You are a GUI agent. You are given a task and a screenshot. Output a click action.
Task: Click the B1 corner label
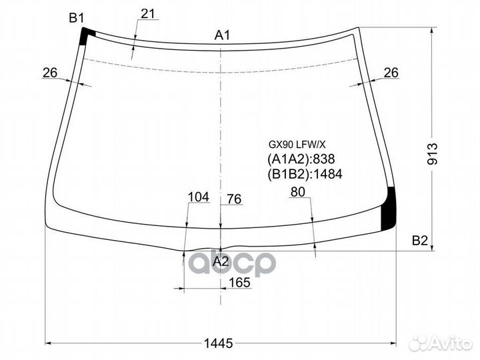[x=77, y=18]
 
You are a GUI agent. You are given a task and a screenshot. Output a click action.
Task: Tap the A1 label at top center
[x=222, y=35]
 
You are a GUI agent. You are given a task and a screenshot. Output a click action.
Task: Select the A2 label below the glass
[x=221, y=262]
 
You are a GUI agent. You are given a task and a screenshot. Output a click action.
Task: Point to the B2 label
[x=419, y=241]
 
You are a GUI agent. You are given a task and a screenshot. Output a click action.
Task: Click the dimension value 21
[x=148, y=13]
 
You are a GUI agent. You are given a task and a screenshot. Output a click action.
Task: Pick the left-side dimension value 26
[x=51, y=73]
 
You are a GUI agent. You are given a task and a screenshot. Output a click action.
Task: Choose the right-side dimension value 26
[x=391, y=73]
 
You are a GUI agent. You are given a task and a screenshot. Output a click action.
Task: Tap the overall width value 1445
[x=218, y=343]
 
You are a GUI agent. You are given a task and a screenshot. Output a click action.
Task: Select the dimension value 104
[x=199, y=197]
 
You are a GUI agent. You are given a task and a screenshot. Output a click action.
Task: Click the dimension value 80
[x=297, y=193]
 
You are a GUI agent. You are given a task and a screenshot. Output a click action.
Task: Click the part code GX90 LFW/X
[x=297, y=144]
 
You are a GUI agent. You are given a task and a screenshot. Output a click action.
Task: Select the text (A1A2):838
[x=301, y=159]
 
